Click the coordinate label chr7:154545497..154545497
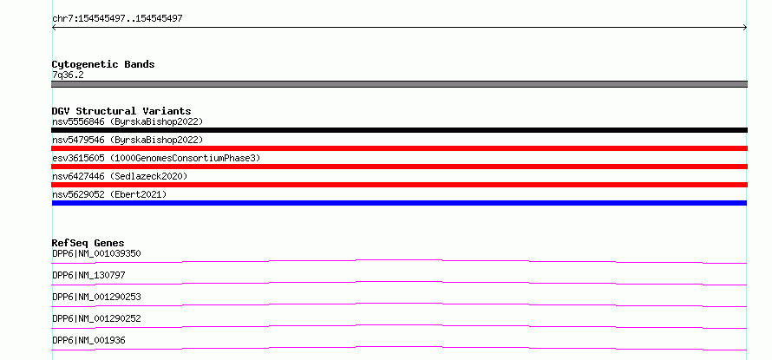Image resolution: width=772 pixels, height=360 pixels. (117, 19)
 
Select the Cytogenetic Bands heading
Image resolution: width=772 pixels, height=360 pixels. (103, 64)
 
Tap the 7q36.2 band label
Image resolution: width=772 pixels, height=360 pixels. (68, 75)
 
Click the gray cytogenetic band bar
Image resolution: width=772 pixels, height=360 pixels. (399, 84)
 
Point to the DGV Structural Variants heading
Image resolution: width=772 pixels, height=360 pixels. (121, 111)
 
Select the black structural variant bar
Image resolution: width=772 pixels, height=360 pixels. (399, 130)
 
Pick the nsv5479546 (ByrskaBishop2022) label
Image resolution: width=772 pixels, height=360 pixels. (128, 141)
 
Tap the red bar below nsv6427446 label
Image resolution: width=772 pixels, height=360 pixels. (399, 185)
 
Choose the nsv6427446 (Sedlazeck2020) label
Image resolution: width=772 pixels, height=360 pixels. (120, 176)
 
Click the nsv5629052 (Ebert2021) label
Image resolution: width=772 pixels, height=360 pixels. (109, 194)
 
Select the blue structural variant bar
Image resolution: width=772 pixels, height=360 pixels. (399, 203)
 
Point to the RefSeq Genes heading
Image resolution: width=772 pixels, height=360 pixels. (88, 243)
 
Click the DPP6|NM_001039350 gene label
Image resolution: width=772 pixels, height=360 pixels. (96, 253)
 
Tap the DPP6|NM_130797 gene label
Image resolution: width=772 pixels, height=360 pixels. (88, 275)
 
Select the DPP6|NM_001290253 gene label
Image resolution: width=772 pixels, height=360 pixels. (96, 297)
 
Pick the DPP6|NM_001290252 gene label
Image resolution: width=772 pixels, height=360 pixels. (96, 318)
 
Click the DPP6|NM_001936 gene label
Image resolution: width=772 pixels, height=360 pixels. (88, 340)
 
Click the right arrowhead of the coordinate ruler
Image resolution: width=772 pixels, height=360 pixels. (746, 28)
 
